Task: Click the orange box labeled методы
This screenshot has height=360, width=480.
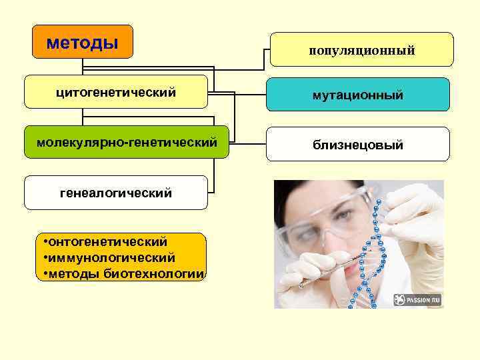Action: pyautogui.click(x=83, y=42)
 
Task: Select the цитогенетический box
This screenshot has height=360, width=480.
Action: pyautogui.click(x=116, y=92)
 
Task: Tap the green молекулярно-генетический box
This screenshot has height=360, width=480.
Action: pyautogui.click(x=127, y=142)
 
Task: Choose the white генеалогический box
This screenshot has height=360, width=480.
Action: pyautogui.click(x=116, y=193)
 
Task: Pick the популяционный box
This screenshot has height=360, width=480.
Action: pyautogui.click(x=361, y=50)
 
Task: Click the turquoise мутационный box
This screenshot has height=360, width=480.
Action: pyautogui.click(x=357, y=95)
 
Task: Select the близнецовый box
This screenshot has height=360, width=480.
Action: pyautogui.click(x=357, y=145)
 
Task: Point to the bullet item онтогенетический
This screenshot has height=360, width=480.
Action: pyautogui.click(x=107, y=241)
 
